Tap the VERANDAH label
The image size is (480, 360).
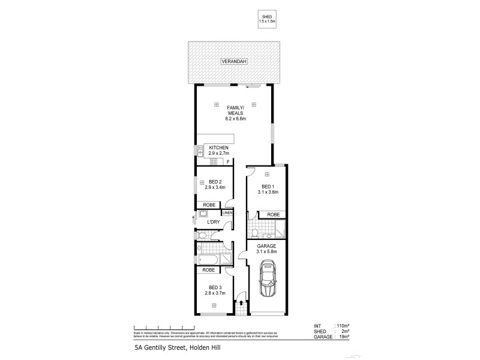point(234,62)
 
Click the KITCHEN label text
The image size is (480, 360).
point(218,148)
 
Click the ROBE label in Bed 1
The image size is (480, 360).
point(272,214)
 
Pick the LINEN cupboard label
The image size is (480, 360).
point(227,213)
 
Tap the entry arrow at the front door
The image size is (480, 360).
point(241,304)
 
